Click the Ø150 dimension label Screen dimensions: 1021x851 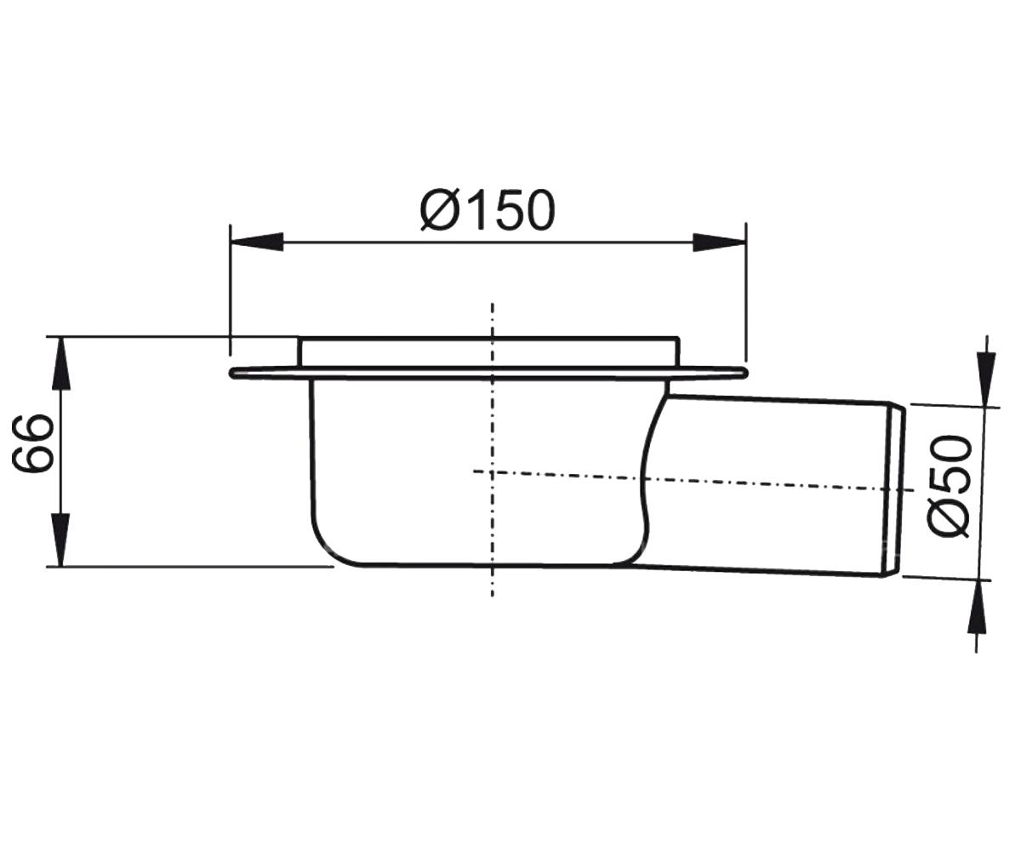pyautogui.click(x=488, y=210)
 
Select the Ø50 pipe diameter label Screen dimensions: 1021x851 pyautogui.click(x=948, y=487)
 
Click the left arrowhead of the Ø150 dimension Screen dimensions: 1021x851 pyautogui.click(x=257, y=242)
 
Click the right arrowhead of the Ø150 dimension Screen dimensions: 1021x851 pyautogui.click(x=719, y=242)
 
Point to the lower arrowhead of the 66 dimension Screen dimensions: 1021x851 pyautogui.click(x=60, y=540)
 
